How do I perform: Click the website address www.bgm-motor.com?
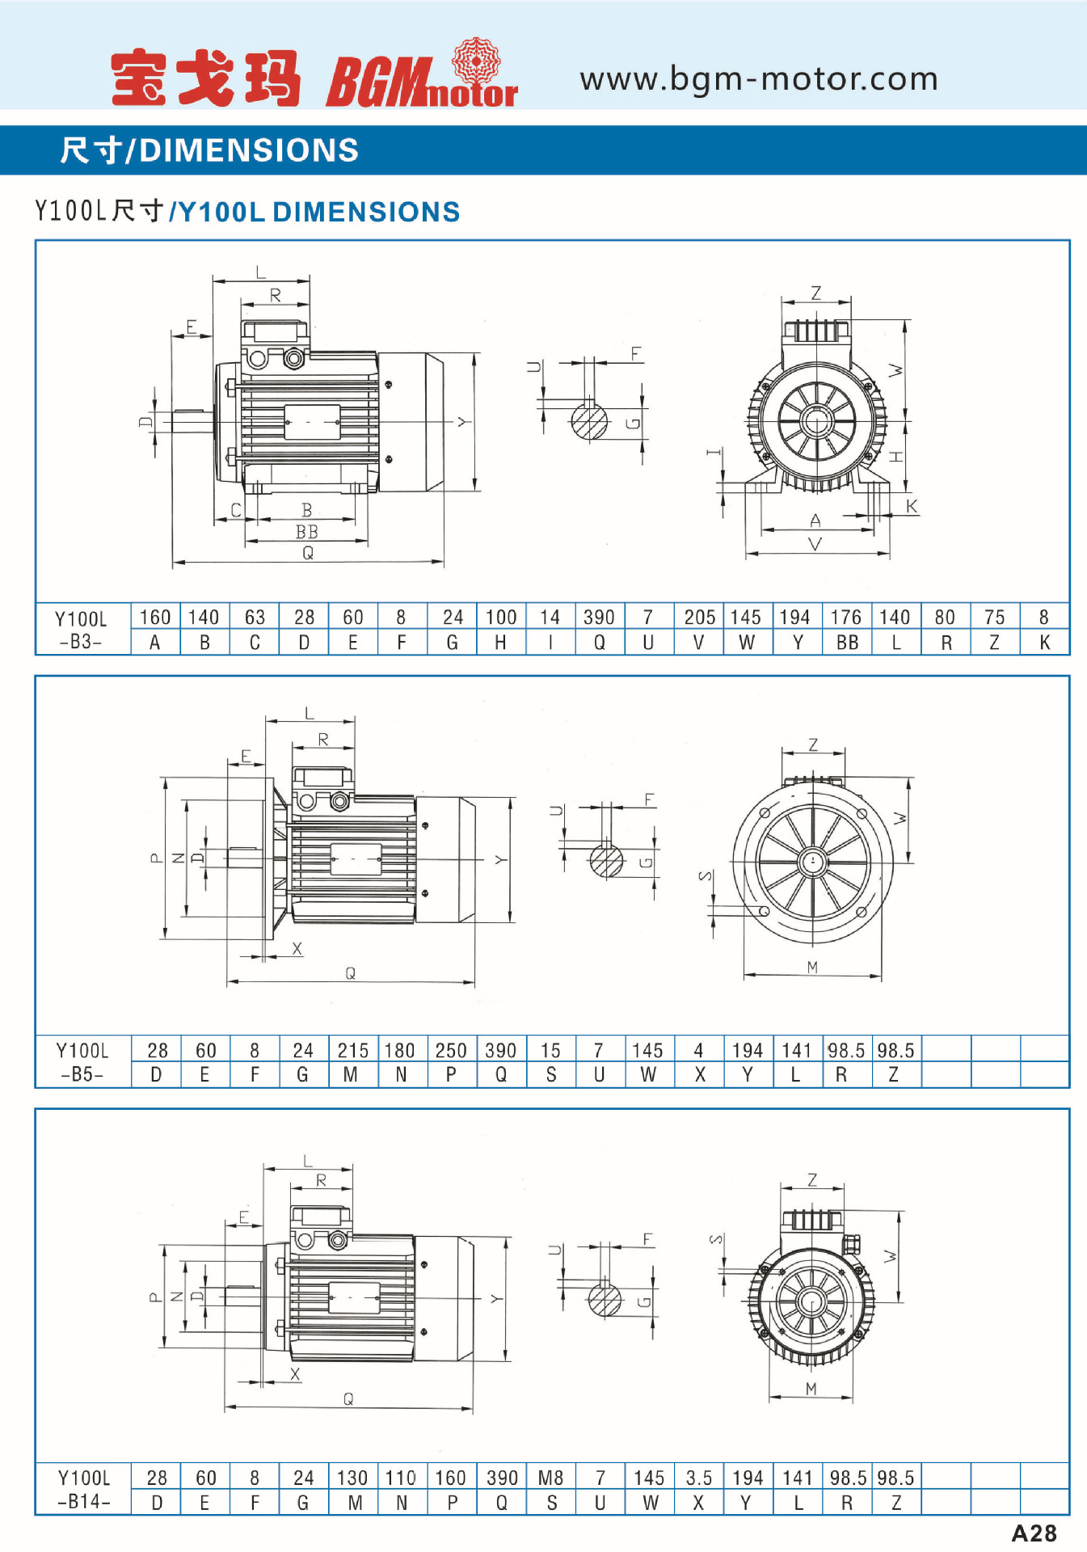click(758, 79)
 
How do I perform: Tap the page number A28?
click(1034, 1533)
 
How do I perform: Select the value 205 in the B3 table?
click(699, 617)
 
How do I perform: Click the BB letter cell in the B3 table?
click(847, 643)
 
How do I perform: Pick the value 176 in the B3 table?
click(846, 617)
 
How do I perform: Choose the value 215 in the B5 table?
click(352, 1050)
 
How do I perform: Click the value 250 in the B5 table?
click(451, 1050)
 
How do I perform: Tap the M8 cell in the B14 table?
click(550, 1478)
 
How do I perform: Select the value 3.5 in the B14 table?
click(699, 1478)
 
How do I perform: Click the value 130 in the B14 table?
click(352, 1478)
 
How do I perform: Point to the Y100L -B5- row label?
click(82, 1061)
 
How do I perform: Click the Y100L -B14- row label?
click(83, 1489)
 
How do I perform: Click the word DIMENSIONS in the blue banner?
click(249, 150)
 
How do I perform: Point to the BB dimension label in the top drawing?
click(306, 532)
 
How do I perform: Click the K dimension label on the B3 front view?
click(912, 507)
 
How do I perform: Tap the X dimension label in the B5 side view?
click(297, 948)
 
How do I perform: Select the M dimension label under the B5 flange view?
click(812, 967)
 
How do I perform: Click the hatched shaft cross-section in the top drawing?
click(589, 420)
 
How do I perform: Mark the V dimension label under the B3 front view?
click(815, 544)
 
